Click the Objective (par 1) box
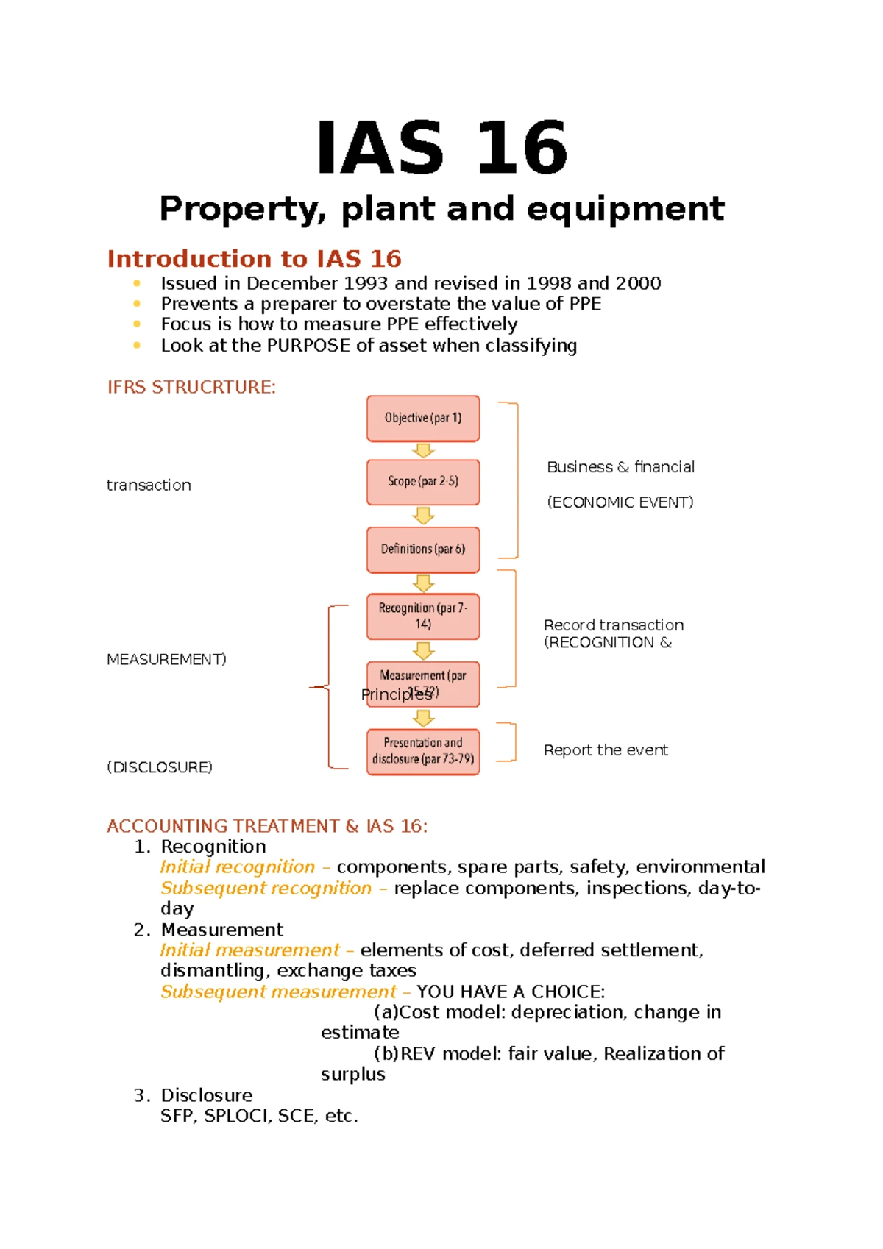tap(423, 419)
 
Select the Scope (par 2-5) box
tap(423, 482)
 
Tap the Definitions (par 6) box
tap(423, 549)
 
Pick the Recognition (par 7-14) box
tap(423, 616)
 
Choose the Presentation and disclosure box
tap(423, 751)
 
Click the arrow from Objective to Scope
tap(423, 450)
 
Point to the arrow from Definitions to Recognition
tap(423, 583)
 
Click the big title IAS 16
tap(441, 149)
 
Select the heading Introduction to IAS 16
tap(254, 259)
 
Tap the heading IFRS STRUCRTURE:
tap(191, 388)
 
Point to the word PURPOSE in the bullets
tap(308, 346)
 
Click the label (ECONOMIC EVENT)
tap(620, 502)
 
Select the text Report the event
tap(606, 750)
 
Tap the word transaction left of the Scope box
tap(149, 485)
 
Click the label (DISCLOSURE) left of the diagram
tap(160, 767)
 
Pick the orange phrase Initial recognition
tap(237, 867)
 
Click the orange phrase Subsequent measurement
tap(278, 992)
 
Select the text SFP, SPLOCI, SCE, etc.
tap(259, 1116)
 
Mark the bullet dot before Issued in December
tap(136, 283)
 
